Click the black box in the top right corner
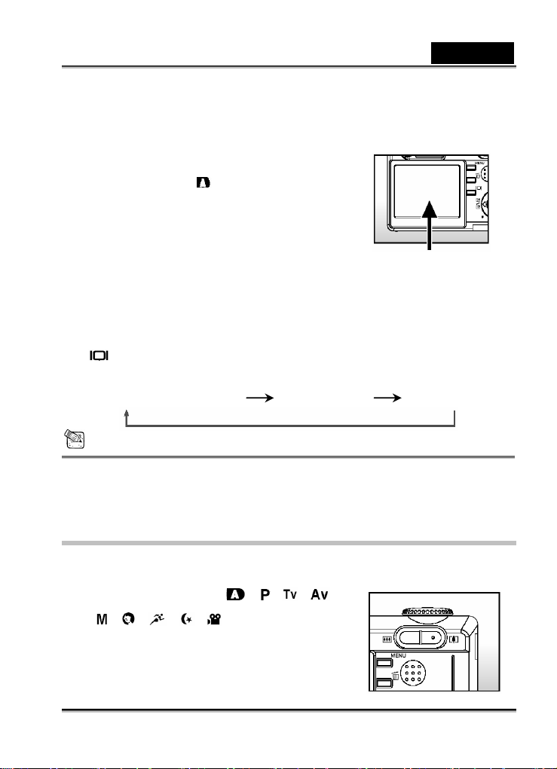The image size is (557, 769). point(473,53)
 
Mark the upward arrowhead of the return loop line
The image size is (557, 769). point(127,413)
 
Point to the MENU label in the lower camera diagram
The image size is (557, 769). point(387,656)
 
